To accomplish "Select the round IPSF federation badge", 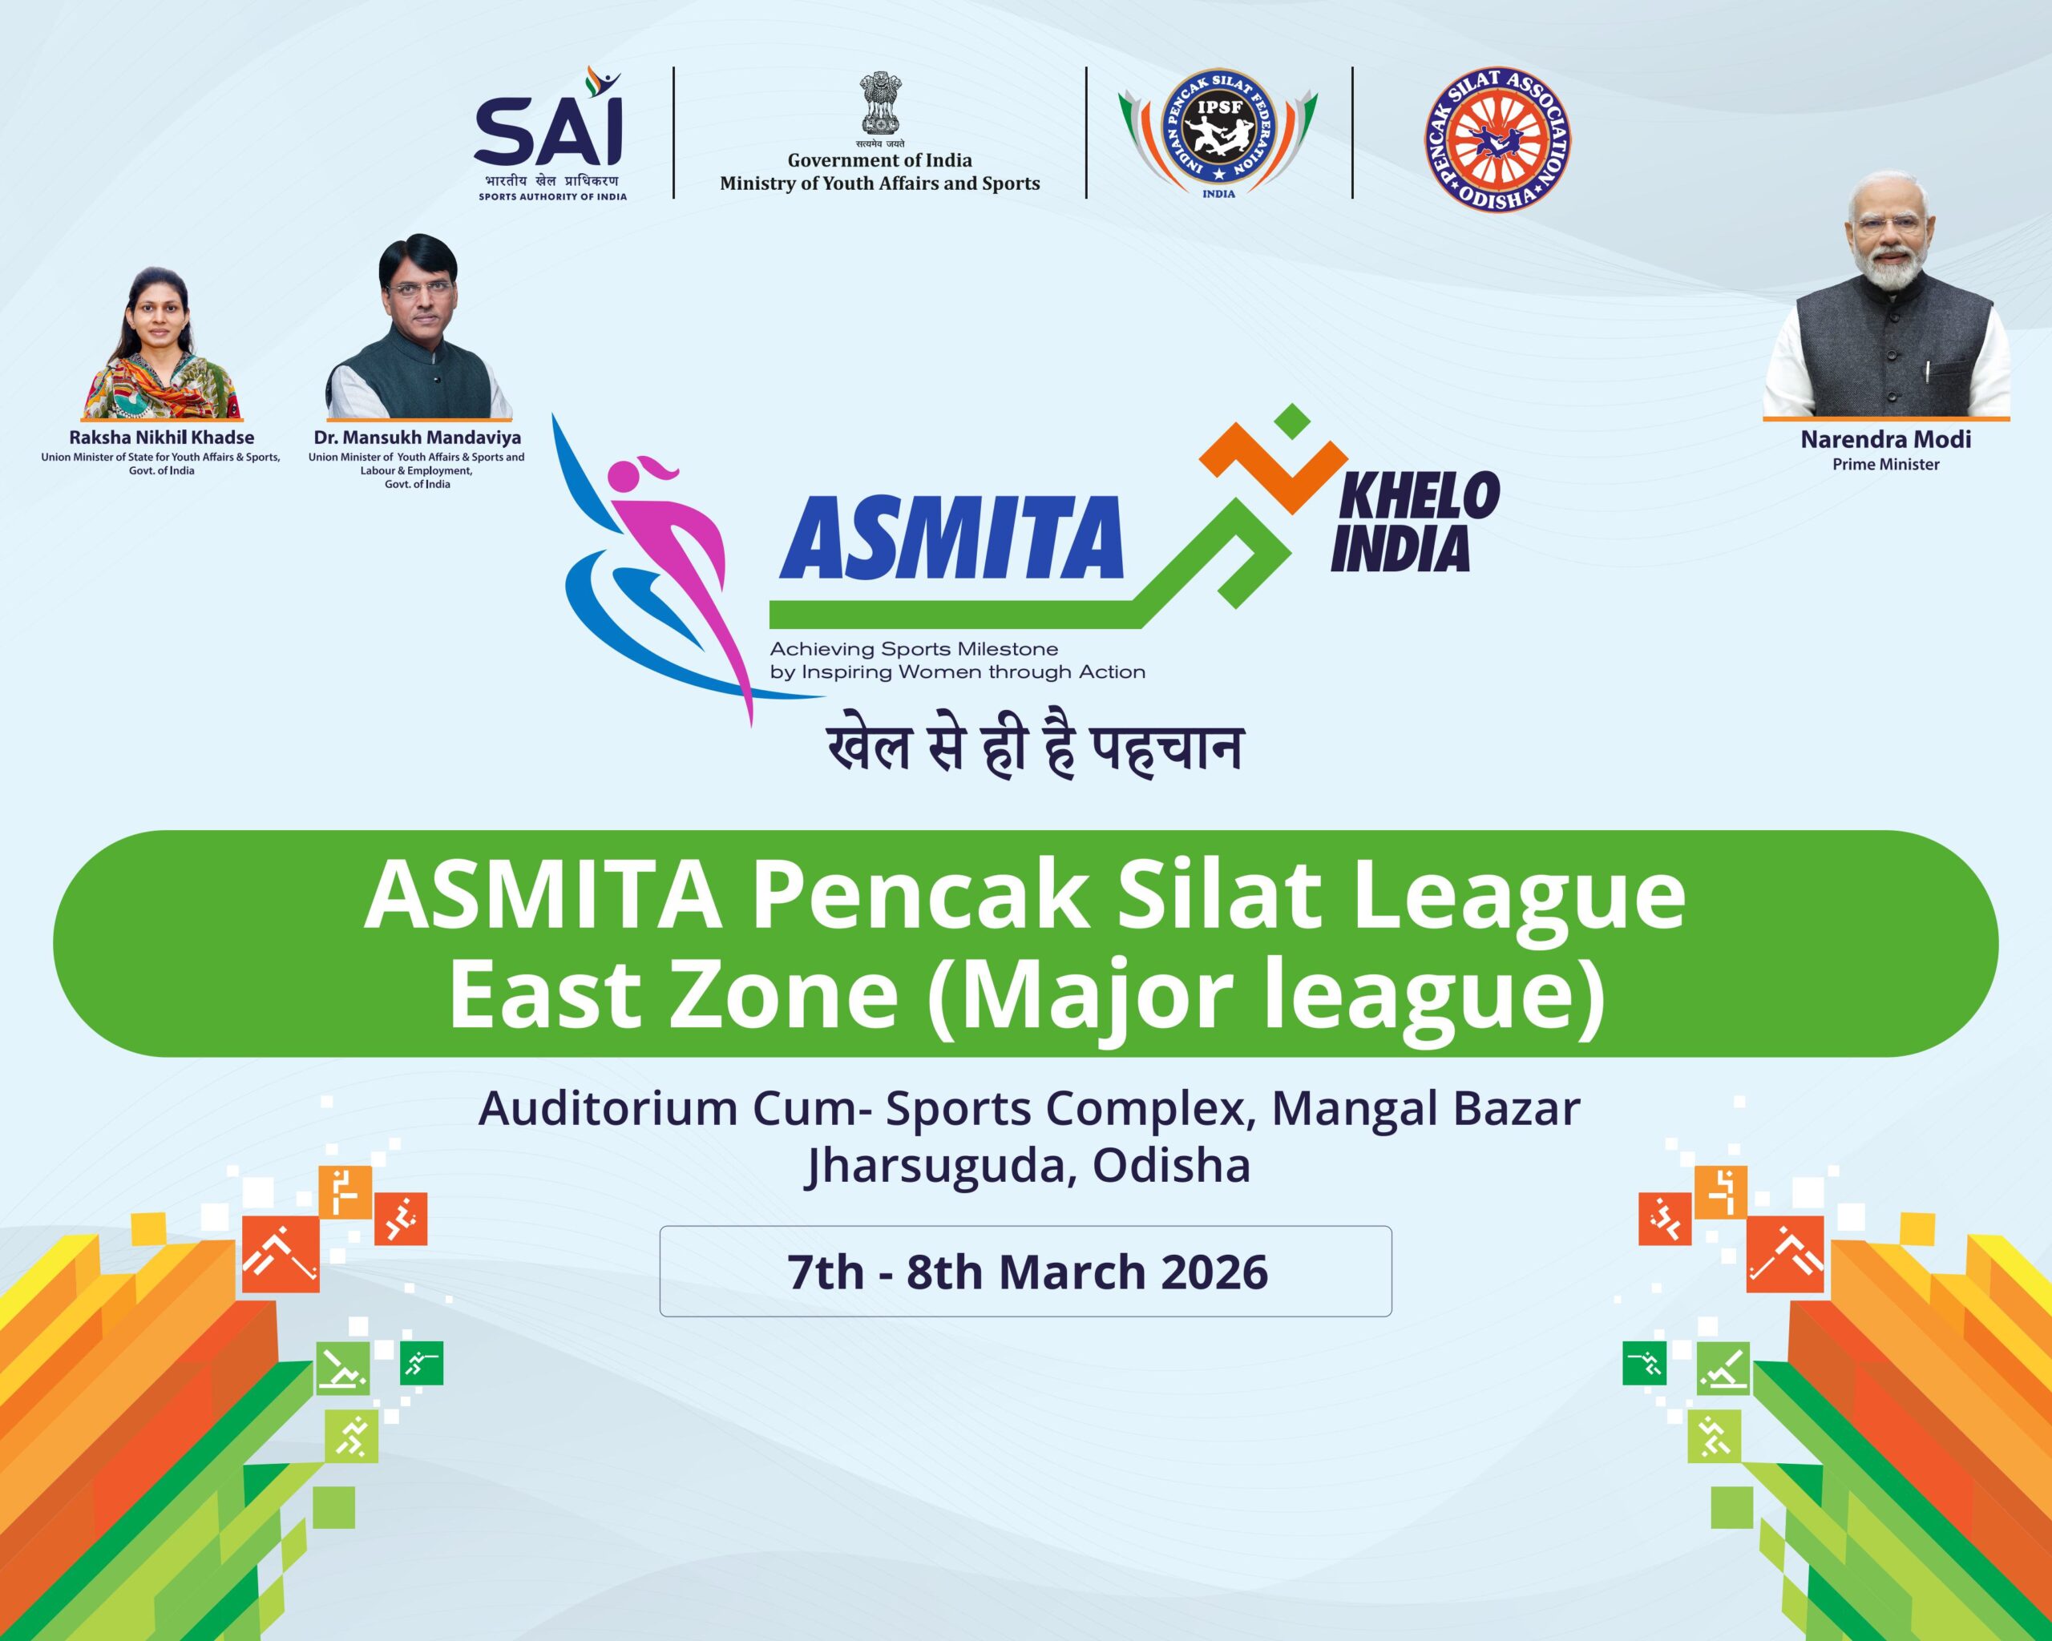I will pyautogui.click(x=1218, y=133).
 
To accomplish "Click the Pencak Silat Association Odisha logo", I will pyautogui.click(x=1497, y=139).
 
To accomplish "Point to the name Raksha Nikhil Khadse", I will pyautogui.click(x=162, y=437).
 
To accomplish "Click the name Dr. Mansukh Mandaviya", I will pyautogui.click(x=417, y=437).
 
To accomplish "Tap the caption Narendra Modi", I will pyautogui.click(x=1885, y=440).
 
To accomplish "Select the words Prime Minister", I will pyautogui.click(x=1885, y=464).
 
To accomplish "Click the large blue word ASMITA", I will pyautogui.click(x=951, y=538).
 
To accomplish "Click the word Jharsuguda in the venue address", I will pyautogui.click(x=939, y=1164).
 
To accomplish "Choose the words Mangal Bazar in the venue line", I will pyautogui.click(x=1426, y=1108).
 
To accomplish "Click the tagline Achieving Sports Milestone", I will pyautogui.click(x=914, y=649).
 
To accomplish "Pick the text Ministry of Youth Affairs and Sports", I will pyautogui.click(x=879, y=183).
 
